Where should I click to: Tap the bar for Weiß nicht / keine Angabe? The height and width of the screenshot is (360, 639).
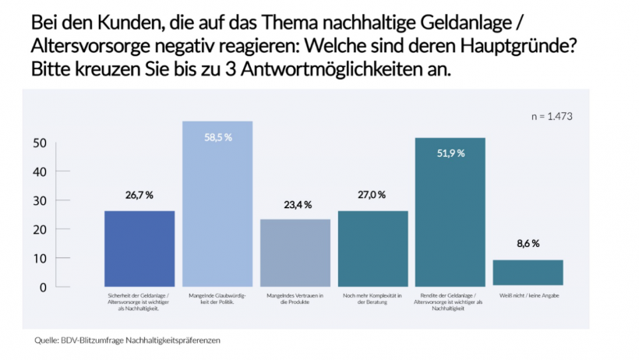(x=528, y=273)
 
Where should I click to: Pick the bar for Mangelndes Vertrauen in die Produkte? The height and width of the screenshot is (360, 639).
(x=295, y=252)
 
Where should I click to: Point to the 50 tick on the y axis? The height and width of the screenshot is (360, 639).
(x=40, y=143)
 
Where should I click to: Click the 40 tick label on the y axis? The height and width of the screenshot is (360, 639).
(x=40, y=171)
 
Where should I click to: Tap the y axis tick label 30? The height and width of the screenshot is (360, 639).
(x=40, y=200)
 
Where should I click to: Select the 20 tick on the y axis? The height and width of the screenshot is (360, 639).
(x=40, y=229)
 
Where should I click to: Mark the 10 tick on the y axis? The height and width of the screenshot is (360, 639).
(x=40, y=258)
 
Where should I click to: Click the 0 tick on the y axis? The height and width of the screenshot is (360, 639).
(x=43, y=287)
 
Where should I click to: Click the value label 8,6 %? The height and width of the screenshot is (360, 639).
(x=528, y=244)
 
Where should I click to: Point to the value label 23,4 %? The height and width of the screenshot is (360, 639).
(x=295, y=204)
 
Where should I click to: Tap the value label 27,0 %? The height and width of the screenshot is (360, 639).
(x=372, y=195)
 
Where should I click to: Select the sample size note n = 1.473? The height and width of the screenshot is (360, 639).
(x=552, y=117)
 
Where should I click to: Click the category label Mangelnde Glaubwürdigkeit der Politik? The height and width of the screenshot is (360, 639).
(x=217, y=300)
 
